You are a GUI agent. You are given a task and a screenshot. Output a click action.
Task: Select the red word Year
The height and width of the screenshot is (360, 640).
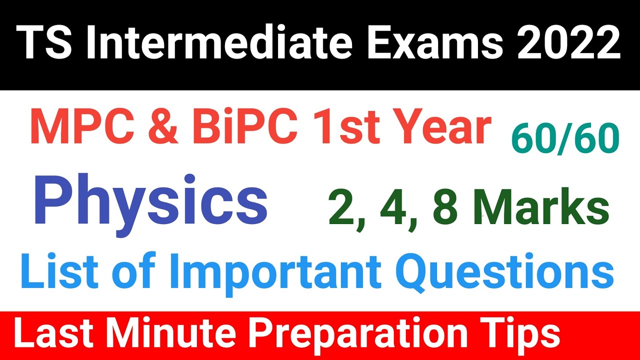click(x=440, y=129)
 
